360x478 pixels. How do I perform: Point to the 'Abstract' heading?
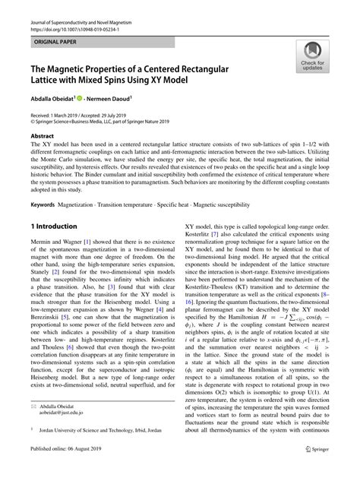pos(42,135)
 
